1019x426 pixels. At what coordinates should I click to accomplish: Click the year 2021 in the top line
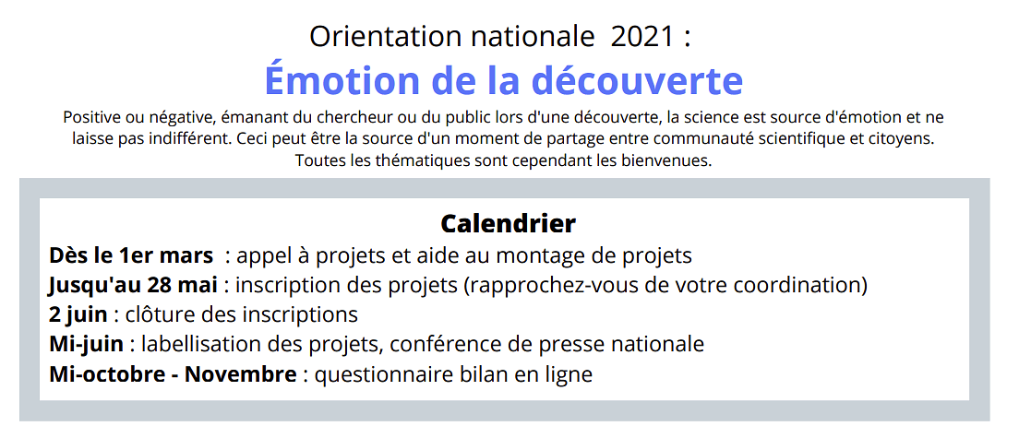(x=642, y=37)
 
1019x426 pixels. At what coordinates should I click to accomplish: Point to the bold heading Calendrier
(x=509, y=223)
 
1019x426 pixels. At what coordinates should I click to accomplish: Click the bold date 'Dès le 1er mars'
(x=131, y=255)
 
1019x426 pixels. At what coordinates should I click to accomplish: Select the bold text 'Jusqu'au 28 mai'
(x=138, y=286)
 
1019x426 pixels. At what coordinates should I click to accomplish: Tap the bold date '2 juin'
(x=78, y=315)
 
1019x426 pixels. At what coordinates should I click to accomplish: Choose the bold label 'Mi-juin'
(x=88, y=345)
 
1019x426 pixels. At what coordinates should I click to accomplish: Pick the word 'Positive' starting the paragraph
(x=89, y=118)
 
